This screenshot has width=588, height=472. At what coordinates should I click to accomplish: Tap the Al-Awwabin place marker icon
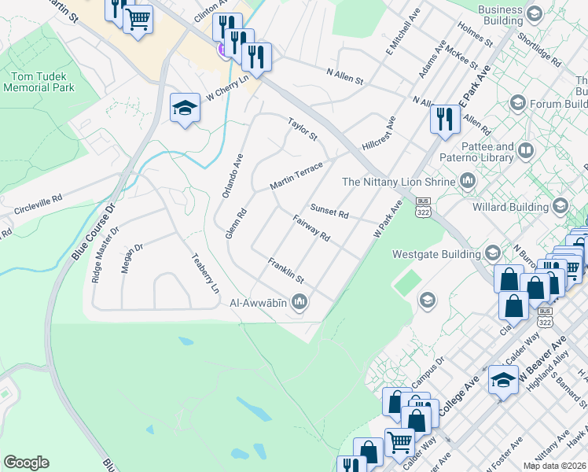point(300,301)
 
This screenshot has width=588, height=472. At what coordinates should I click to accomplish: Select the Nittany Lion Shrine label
point(399,182)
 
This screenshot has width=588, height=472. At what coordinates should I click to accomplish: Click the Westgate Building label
point(435,254)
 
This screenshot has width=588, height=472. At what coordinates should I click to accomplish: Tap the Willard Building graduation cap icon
point(560,207)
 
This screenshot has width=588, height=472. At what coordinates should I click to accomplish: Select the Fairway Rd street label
point(310,228)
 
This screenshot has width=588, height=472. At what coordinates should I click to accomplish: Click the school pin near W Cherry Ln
point(185,109)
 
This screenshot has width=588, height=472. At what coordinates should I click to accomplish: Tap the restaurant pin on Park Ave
point(444,120)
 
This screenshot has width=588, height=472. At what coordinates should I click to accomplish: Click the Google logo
point(26,463)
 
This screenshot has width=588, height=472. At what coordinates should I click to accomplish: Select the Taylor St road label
point(302,130)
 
